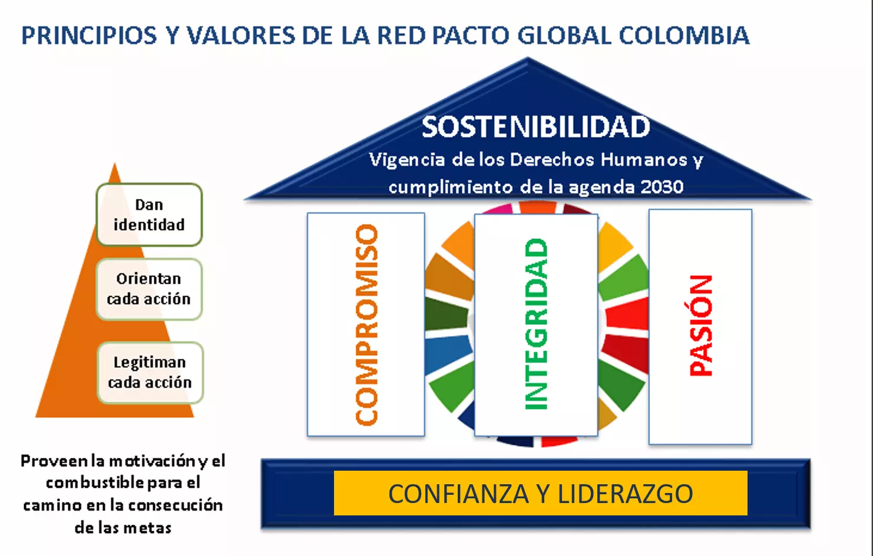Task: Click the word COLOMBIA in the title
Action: point(684,35)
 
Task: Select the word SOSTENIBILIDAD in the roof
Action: point(536,127)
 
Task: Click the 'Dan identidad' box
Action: point(149,215)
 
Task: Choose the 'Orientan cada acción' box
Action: point(149,289)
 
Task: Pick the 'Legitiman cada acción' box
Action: point(150,372)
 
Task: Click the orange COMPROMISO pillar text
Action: point(367,324)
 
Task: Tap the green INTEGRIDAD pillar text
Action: point(536,324)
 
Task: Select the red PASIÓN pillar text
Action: point(700,325)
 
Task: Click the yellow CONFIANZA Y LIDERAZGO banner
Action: point(541,493)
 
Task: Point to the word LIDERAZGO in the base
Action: point(625,494)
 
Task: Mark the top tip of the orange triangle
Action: point(115,163)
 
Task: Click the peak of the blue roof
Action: point(528,58)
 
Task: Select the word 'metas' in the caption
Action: point(150,528)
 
